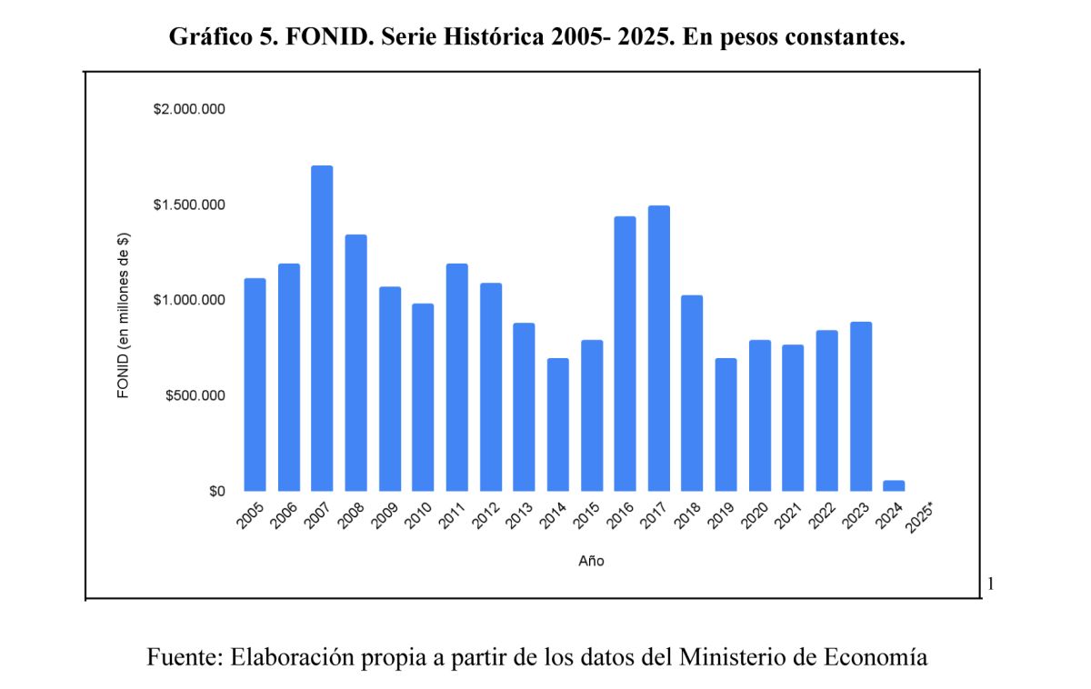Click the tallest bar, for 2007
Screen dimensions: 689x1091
click(x=322, y=328)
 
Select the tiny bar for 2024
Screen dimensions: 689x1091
click(x=894, y=486)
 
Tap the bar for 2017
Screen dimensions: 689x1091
click(x=659, y=348)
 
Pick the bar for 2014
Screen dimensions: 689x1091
click(x=557, y=424)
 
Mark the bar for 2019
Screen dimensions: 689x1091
click(x=726, y=424)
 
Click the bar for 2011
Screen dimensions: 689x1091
click(x=456, y=377)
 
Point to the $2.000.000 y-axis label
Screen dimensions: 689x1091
click(x=189, y=109)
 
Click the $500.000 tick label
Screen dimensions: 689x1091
click(x=195, y=396)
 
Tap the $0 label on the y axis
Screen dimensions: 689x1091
click(x=216, y=492)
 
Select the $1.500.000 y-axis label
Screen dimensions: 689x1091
click(x=189, y=205)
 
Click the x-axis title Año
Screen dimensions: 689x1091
click(x=591, y=561)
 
